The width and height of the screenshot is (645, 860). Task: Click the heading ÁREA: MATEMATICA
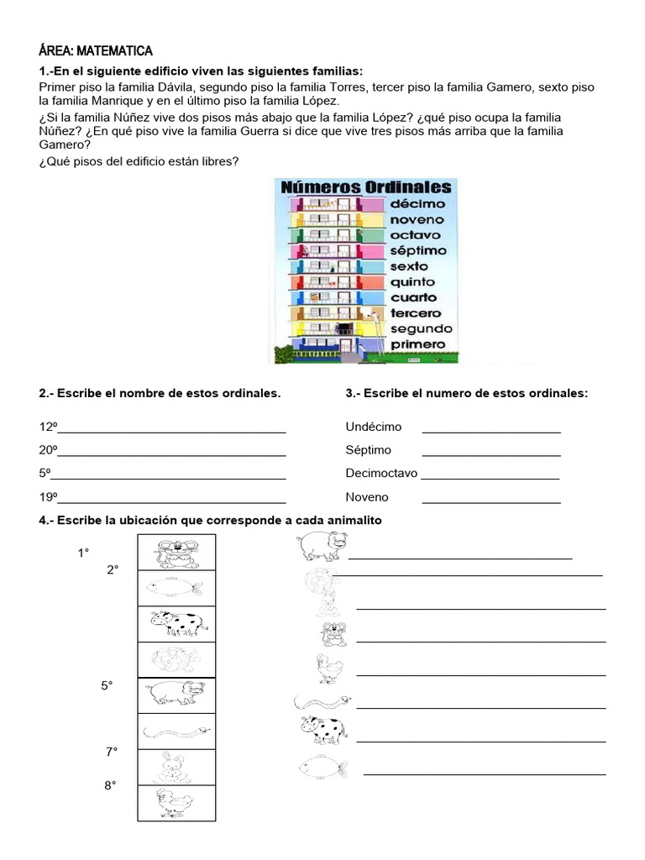pyautogui.click(x=96, y=51)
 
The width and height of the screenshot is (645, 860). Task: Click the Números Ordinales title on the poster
pyautogui.click(x=365, y=186)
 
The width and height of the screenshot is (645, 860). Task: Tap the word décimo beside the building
pyautogui.click(x=417, y=204)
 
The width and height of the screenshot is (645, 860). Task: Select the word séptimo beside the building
pyautogui.click(x=418, y=250)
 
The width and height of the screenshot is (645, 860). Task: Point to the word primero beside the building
pyautogui.click(x=417, y=344)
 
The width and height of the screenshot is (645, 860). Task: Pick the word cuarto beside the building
pyautogui.click(x=413, y=297)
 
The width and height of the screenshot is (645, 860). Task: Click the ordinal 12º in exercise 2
pyautogui.click(x=47, y=427)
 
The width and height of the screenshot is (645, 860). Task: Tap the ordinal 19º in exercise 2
pyautogui.click(x=47, y=496)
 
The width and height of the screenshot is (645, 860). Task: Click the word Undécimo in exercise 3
pyautogui.click(x=374, y=427)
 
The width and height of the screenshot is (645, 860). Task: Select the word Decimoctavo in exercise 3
pyautogui.click(x=381, y=473)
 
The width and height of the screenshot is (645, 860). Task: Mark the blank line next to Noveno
pyautogui.click(x=491, y=501)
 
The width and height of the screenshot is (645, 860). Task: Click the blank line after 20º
pyautogui.click(x=171, y=455)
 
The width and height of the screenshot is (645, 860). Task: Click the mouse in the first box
pyautogui.click(x=176, y=553)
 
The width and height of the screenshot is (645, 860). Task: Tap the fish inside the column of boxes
pyautogui.click(x=175, y=586)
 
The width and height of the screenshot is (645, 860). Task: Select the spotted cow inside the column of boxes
pyautogui.click(x=177, y=623)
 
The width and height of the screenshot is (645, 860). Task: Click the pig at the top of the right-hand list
pyautogui.click(x=321, y=547)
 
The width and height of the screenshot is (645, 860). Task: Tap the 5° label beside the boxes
pyautogui.click(x=107, y=685)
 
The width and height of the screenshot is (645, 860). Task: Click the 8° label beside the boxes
pyautogui.click(x=110, y=786)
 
